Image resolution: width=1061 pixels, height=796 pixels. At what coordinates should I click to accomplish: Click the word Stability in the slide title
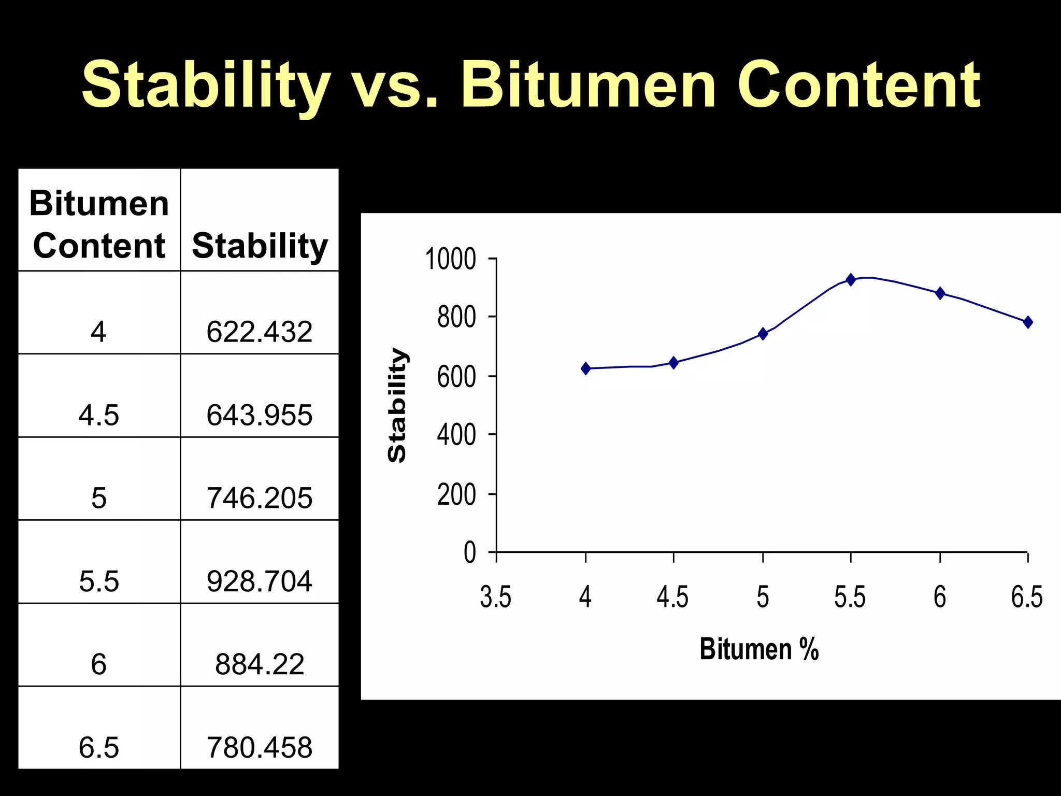tap(206, 86)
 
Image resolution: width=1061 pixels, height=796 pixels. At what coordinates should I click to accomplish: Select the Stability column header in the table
tap(260, 245)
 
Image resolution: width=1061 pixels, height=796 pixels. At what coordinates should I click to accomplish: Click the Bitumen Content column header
tap(99, 224)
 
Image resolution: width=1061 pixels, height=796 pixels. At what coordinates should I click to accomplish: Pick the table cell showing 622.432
tap(260, 332)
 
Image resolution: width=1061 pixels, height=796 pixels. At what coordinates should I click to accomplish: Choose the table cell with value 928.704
tap(260, 581)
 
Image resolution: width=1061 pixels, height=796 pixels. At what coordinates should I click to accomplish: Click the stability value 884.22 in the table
tap(260, 664)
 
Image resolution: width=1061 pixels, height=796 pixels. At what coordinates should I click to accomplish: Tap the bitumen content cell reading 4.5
tap(99, 415)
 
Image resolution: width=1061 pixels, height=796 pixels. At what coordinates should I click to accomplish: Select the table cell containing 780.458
tap(260, 747)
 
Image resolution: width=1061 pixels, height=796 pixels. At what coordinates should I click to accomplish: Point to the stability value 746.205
tap(260, 498)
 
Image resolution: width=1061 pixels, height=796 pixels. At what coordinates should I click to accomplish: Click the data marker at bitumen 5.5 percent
tap(850, 279)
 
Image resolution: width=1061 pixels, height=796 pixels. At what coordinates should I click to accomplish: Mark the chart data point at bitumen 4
tap(586, 368)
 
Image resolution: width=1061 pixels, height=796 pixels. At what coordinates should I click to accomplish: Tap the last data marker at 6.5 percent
tap(1028, 322)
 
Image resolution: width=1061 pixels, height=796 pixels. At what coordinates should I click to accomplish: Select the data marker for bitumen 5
tap(763, 333)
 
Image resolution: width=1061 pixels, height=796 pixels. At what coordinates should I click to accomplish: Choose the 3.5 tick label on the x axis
tap(496, 597)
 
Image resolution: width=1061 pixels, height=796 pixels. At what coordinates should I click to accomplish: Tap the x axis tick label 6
tap(940, 597)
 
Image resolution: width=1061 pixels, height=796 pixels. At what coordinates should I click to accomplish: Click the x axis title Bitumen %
tap(759, 649)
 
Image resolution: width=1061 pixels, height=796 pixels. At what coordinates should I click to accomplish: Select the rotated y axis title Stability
tap(397, 405)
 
